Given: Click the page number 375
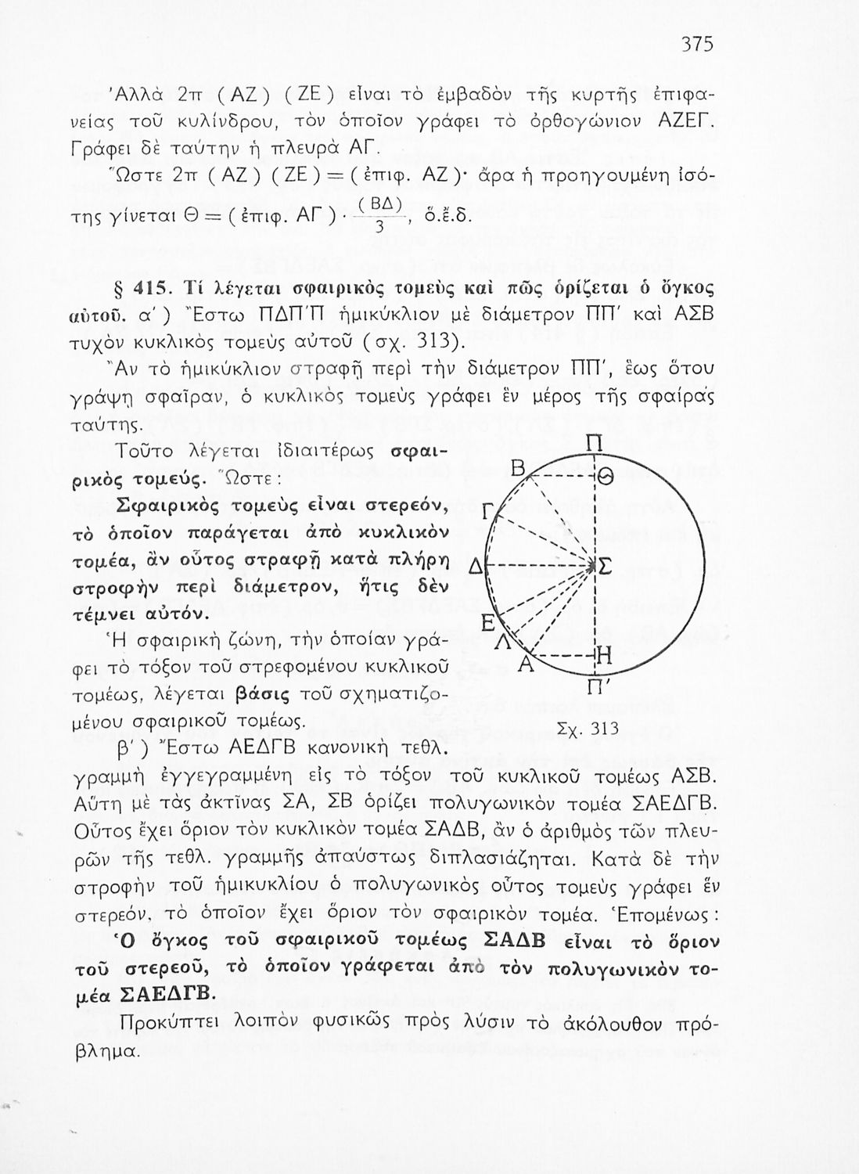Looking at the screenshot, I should point(695,45).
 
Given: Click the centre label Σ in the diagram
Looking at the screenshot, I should point(606,566).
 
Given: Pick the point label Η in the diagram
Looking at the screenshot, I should point(603,656).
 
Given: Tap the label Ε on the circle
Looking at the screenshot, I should point(486,624).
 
